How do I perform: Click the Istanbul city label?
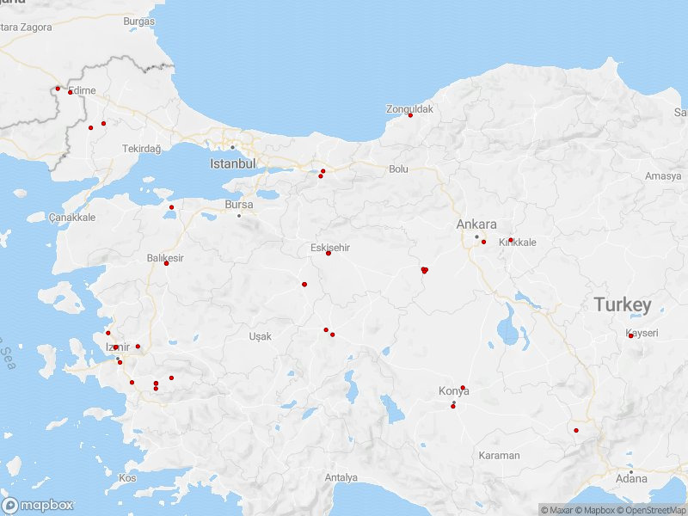tap(233, 163)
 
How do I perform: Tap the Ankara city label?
tap(476, 224)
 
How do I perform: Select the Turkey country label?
tap(623, 305)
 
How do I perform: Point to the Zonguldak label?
tap(409, 109)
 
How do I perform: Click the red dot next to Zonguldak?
tap(410, 115)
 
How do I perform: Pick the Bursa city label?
tap(238, 205)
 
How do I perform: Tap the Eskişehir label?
tap(330, 248)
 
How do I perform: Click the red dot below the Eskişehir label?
tap(329, 253)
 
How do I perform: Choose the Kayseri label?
tap(642, 333)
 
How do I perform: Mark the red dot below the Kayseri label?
tap(630, 336)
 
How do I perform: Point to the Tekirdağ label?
tap(141, 149)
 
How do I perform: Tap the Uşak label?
tap(260, 336)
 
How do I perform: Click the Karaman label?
tap(500, 455)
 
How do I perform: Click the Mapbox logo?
tap(37, 506)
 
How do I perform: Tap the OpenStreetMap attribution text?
tap(654, 510)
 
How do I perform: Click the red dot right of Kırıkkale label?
tap(511, 240)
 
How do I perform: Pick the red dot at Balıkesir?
tap(167, 263)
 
